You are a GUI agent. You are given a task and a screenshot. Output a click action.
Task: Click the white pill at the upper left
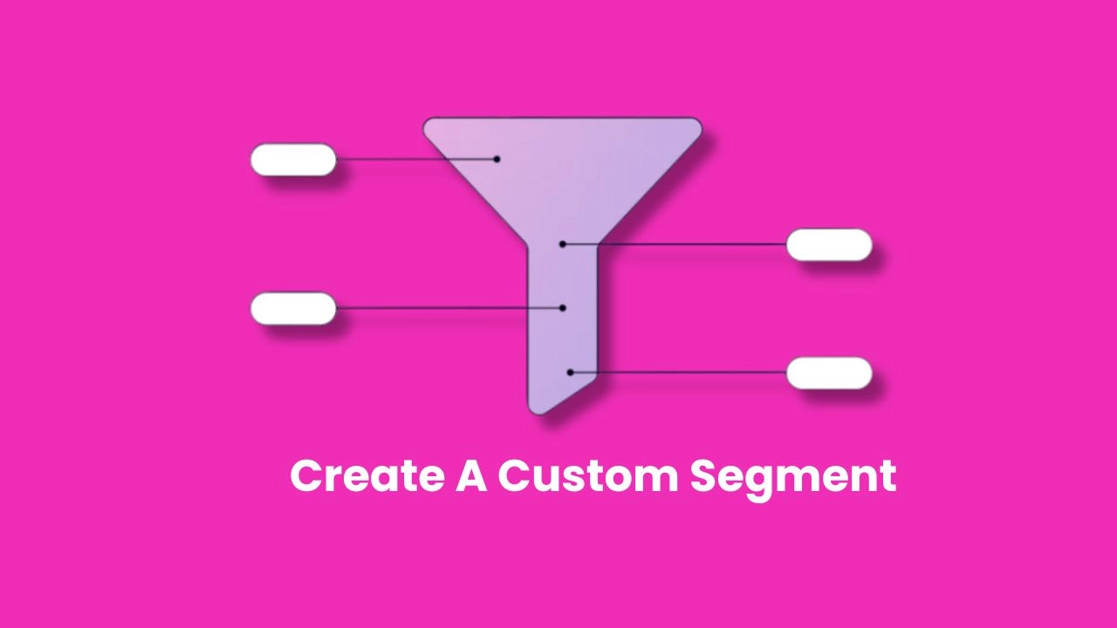click(x=293, y=160)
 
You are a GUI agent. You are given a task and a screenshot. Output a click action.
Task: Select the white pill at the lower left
click(x=293, y=309)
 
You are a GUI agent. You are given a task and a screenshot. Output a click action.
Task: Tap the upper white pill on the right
click(x=829, y=245)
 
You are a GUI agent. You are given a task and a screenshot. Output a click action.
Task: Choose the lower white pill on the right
click(x=829, y=372)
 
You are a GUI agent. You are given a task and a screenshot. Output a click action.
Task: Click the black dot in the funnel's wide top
click(x=497, y=159)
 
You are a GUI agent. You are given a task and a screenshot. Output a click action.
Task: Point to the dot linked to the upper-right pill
click(x=563, y=244)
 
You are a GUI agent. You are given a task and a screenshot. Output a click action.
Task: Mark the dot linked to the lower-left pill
click(x=563, y=308)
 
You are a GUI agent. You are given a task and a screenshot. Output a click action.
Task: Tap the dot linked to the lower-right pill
click(x=571, y=372)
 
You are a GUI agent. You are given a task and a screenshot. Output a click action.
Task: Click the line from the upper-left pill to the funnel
click(x=416, y=160)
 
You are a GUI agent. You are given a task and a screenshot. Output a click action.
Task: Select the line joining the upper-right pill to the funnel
click(x=675, y=244)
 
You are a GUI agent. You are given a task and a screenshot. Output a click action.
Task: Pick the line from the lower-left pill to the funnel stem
click(x=449, y=308)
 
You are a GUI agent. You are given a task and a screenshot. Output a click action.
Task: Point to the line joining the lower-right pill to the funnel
click(x=678, y=372)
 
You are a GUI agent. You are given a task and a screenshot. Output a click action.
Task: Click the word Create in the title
click(x=367, y=475)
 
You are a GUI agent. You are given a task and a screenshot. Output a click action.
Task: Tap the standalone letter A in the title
click(x=471, y=475)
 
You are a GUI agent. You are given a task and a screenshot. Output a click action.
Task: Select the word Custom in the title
click(x=588, y=475)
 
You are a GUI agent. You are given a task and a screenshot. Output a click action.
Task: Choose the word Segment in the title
click(x=793, y=480)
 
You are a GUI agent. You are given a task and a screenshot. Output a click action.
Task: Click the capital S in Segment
click(x=704, y=475)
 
